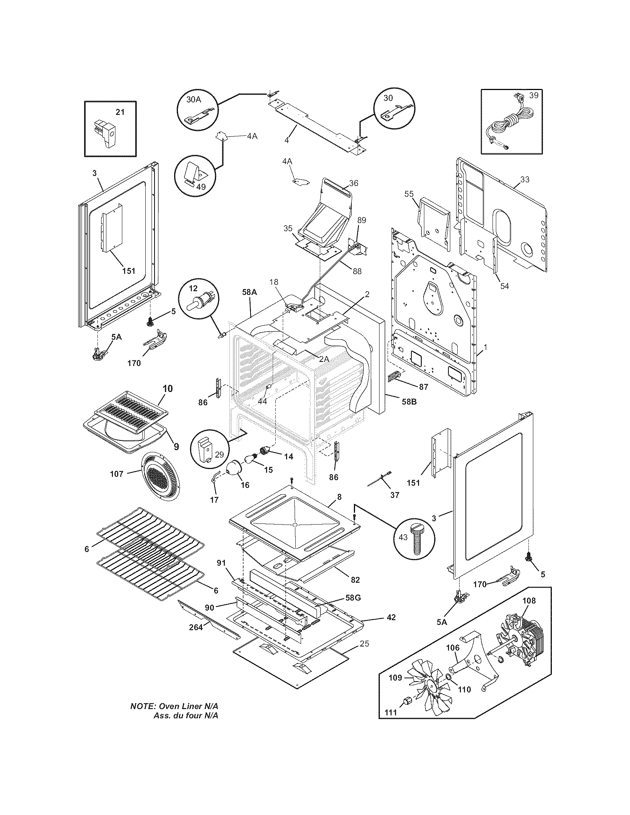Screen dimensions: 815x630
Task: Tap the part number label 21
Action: point(120,112)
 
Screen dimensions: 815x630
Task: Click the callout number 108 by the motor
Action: point(529,601)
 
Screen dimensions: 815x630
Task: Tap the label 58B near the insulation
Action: point(409,402)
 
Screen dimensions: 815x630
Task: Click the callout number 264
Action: point(196,627)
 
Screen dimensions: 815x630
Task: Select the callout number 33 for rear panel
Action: point(525,180)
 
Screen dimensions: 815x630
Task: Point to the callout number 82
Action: point(355,580)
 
